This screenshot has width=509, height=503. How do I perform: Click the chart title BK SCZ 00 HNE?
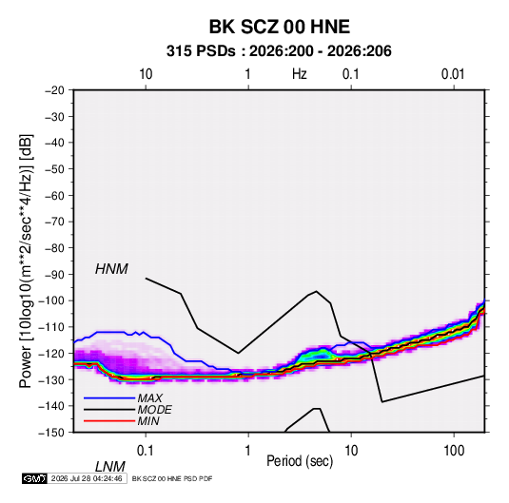coord(279,27)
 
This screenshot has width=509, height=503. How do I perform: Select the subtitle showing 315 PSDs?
coord(279,51)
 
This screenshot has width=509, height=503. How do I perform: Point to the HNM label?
coord(111,269)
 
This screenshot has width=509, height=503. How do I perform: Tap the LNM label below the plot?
coord(109,467)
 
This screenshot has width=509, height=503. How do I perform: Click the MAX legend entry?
coord(149,397)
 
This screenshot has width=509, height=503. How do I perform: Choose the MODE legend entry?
coord(154,410)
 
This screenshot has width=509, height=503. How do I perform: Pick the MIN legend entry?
coord(148,421)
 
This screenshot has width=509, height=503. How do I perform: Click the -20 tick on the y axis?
coord(54,90)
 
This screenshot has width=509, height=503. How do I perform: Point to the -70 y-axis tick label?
coord(54,222)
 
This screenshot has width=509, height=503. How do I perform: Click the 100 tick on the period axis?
coord(454,451)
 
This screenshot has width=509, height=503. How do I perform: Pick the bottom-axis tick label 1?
coord(247,451)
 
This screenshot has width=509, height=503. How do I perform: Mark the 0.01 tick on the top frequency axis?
coord(453,74)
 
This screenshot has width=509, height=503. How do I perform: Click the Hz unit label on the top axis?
coord(300,74)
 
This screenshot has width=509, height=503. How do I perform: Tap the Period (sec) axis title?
coord(300,461)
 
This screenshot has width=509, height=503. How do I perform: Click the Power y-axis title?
coord(26,261)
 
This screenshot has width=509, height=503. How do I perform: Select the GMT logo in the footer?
coord(34,478)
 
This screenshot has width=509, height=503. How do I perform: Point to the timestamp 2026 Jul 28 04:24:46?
coord(87,478)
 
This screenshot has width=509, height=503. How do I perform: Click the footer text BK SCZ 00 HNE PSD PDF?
coord(172,478)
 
